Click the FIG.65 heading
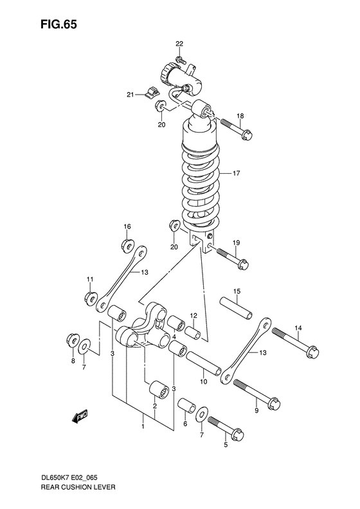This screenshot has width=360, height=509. coord(59,24)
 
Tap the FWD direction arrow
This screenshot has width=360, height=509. coord(80,416)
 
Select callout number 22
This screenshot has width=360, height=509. coord(179,44)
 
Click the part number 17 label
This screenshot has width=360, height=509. coord(237,173)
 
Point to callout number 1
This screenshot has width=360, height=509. coord(142,426)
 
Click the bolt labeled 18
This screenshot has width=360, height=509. coord(237,129)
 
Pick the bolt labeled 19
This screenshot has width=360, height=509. coord(233,259)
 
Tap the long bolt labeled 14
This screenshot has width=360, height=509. coord(296,343)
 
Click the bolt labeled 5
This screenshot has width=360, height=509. coord(226,429)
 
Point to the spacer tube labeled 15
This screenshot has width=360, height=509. coord(236,307)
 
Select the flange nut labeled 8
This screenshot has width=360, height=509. coord(73,340)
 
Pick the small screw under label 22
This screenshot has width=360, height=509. coord(181,60)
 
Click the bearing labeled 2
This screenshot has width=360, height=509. coord(159,389)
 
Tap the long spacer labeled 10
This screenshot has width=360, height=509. coord(204,364)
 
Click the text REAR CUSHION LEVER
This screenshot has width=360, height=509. coord(78,487)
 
